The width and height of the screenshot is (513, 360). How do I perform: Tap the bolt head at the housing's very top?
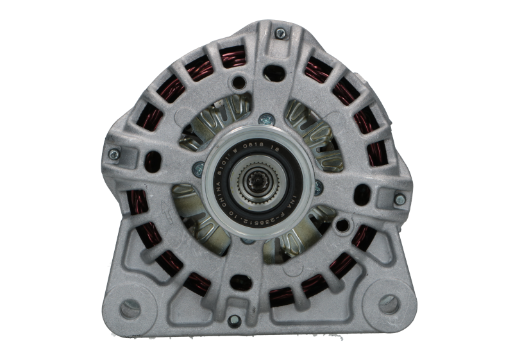coord(280,33)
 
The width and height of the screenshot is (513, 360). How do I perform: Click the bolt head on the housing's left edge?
coord(114,154)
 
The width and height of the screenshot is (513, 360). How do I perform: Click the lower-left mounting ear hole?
coord(130,308)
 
